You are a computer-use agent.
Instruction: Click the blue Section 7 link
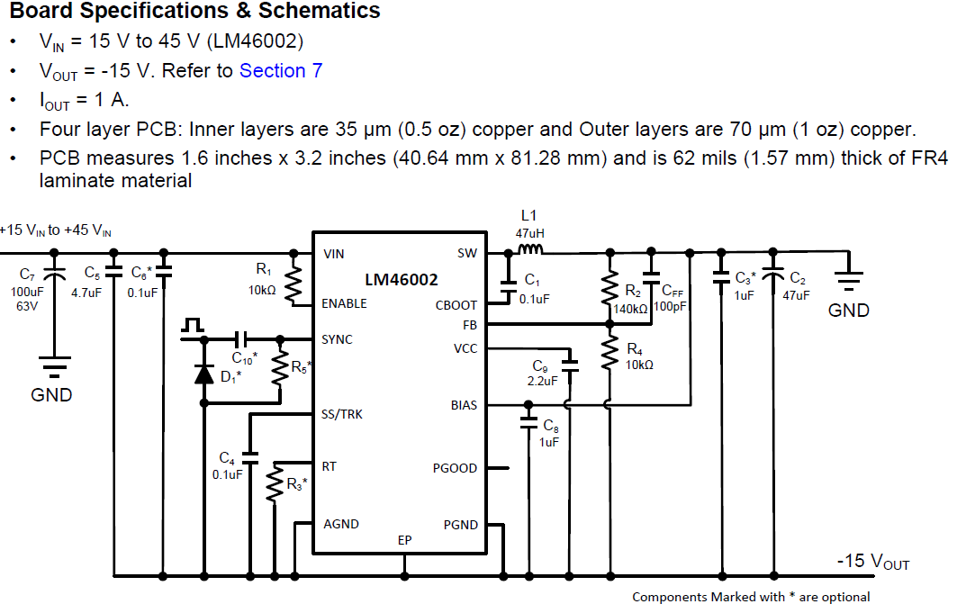tap(281, 71)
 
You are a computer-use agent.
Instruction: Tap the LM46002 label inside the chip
tap(401, 279)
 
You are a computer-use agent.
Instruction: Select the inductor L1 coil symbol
tap(529, 248)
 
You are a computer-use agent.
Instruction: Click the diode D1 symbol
tap(203, 374)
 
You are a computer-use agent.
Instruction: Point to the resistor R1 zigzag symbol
tap(293, 284)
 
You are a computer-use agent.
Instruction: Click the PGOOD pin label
tap(455, 468)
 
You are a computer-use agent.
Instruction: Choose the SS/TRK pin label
tap(342, 415)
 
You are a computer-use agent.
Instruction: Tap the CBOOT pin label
tap(456, 305)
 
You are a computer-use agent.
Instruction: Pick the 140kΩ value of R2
tap(630, 310)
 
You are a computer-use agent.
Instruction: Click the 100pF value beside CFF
tap(670, 306)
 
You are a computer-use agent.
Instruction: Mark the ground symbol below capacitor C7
tap(54, 365)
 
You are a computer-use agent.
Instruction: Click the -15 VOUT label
tap(872, 561)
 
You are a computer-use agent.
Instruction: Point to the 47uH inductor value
tap(529, 233)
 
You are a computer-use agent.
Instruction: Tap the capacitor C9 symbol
tap(570, 365)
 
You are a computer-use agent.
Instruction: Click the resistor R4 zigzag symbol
tap(609, 353)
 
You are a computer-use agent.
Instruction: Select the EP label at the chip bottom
tap(404, 540)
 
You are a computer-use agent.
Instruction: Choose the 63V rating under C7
tap(27, 306)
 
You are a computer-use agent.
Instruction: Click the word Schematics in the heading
tap(320, 11)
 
